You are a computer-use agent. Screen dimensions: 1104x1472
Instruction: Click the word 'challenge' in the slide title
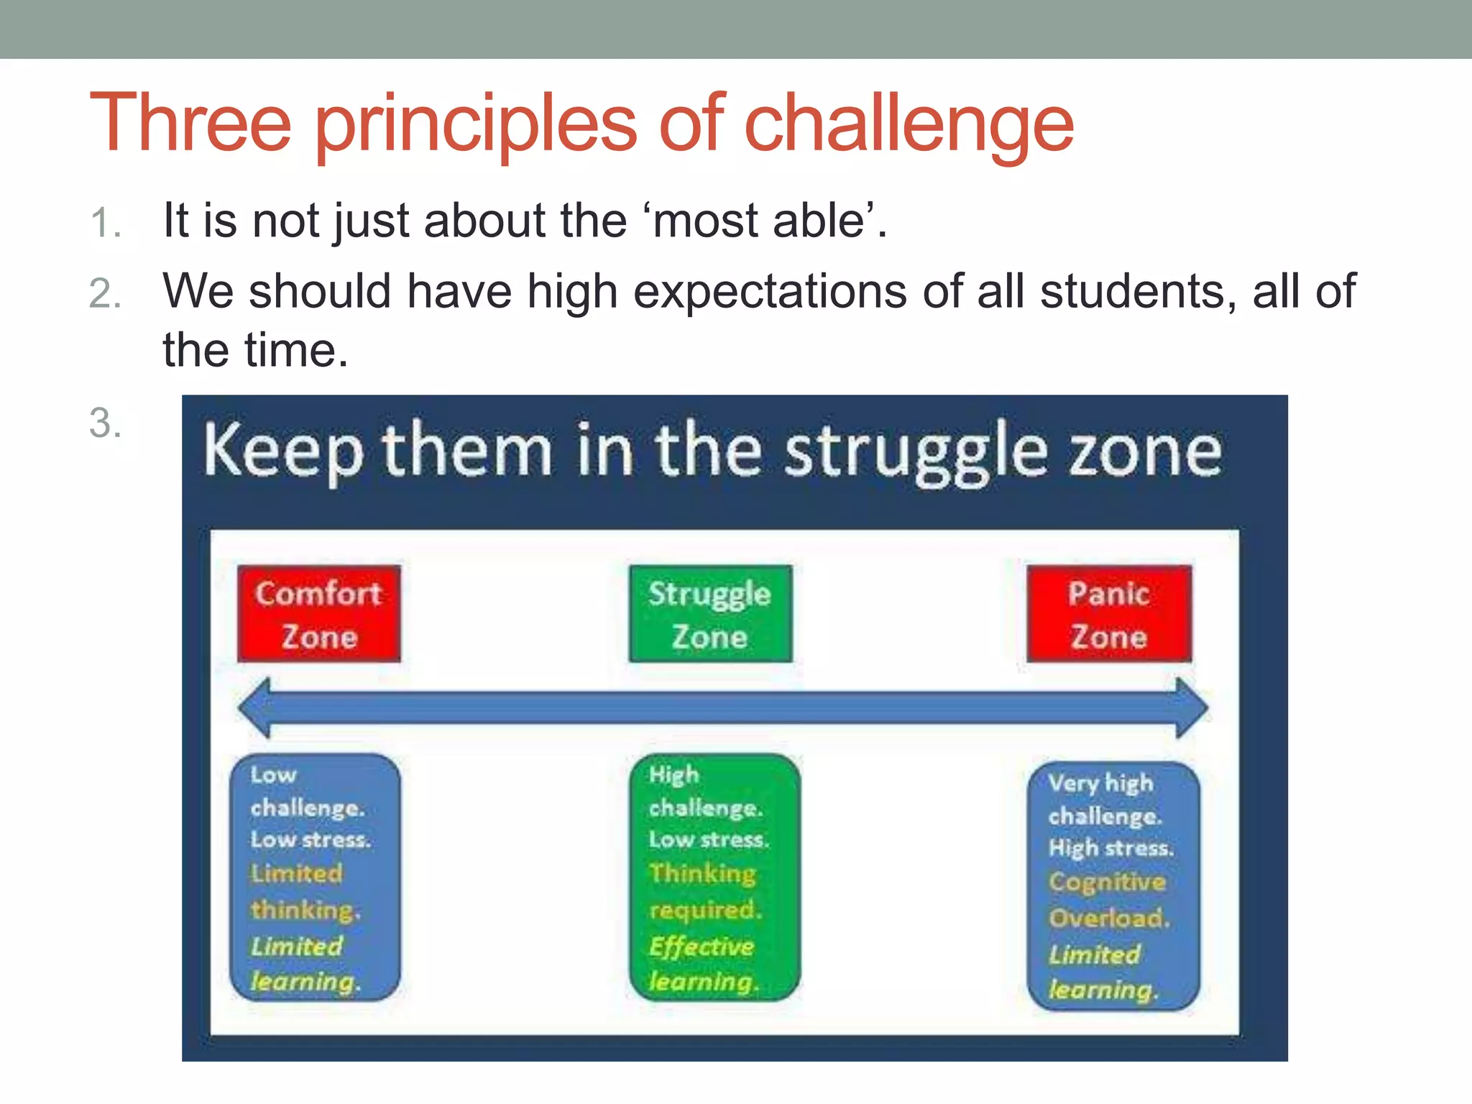pyautogui.click(x=908, y=124)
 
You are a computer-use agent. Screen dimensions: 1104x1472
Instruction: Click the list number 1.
pyautogui.click(x=105, y=223)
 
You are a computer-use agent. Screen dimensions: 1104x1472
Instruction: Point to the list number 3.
pyautogui.click(x=105, y=423)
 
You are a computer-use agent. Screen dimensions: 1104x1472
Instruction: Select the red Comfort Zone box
pyautogui.click(x=319, y=614)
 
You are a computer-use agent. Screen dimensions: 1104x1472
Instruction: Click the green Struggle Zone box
pyautogui.click(x=710, y=614)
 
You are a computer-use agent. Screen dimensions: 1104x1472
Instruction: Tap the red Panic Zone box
pyautogui.click(x=1109, y=614)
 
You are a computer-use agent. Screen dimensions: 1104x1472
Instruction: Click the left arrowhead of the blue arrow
pyautogui.click(x=256, y=708)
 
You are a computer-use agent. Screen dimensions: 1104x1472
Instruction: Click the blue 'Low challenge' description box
pyautogui.click(x=315, y=877)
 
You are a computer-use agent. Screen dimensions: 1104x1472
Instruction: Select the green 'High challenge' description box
pyautogui.click(x=714, y=877)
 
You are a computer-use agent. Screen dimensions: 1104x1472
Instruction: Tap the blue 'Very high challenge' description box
pyautogui.click(x=1113, y=885)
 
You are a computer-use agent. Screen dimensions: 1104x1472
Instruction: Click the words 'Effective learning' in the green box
pyautogui.click(x=702, y=964)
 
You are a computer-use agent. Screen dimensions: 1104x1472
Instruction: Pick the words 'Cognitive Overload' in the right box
pyautogui.click(x=1108, y=900)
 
